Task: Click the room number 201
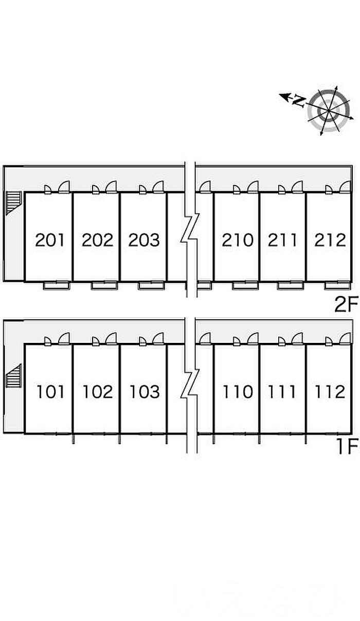[x=50, y=240]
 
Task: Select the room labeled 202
[x=97, y=240]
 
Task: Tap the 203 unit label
[x=144, y=240]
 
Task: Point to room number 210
[x=238, y=240]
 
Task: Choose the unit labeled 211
[x=282, y=240]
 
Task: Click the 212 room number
[x=330, y=240]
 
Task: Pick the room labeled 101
[x=50, y=392]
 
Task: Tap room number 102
[x=98, y=392]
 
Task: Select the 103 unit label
[x=145, y=392]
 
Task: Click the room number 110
[x=238, y=392]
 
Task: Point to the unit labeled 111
[x=282, y=392]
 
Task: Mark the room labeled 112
[x=330, y=392]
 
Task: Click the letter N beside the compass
[x=299, y=100]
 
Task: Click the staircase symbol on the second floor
[x=13, y=203]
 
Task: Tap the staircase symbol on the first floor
[x=13, y=376]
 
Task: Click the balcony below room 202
[x=104, y=285]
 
